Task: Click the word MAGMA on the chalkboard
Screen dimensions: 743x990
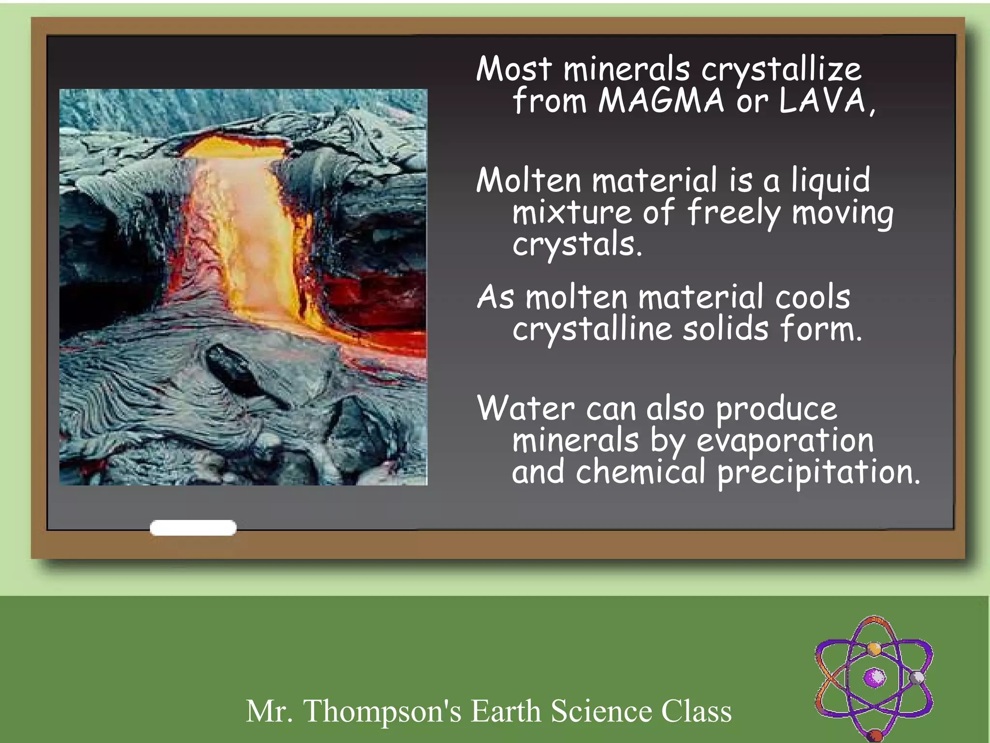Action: coord(661,101)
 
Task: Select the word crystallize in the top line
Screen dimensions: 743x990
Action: coord(781,69)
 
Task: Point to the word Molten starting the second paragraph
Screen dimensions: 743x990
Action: coord(528,180)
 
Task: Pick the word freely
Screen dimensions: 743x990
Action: coord(733,213)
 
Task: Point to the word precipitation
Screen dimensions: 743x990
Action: coord(818,473)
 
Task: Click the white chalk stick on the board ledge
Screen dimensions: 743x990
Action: coord(193,528)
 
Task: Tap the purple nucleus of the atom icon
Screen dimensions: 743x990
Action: coord(874,677)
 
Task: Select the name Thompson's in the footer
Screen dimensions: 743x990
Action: coord(382,711)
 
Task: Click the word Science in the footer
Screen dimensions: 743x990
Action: coord(601,711)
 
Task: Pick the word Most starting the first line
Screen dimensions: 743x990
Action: coord(513,69)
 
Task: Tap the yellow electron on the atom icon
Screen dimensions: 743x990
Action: coord(874,648)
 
